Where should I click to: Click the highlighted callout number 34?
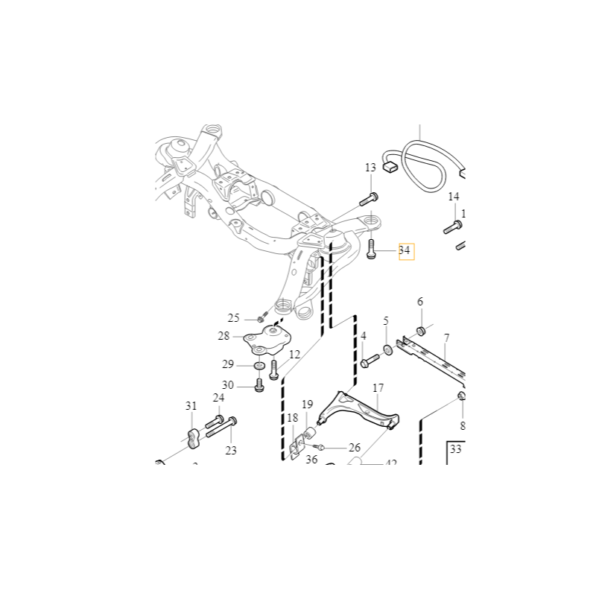pos(405,251)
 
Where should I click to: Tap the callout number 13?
pos(371,168)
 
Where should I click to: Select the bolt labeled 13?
pos(370,198)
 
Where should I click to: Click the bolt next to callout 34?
pos(372,249)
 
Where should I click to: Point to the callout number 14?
pos(454,197)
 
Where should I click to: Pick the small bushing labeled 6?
pos(420,330)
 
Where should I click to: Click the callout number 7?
pos(446,337)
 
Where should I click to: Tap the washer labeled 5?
pos(388,349)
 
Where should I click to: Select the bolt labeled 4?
pos(369,362)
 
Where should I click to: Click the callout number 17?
pos(378,387)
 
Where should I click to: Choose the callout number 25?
pos(234,318)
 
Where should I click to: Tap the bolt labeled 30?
pos(259,385)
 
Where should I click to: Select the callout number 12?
pos(294,355)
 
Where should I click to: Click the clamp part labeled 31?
pos(193,438)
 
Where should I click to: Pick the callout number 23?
pos(231,450)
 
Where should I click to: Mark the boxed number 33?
pos(456,450)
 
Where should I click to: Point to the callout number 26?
pos(354,448)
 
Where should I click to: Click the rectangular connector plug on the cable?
pos(390,167)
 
